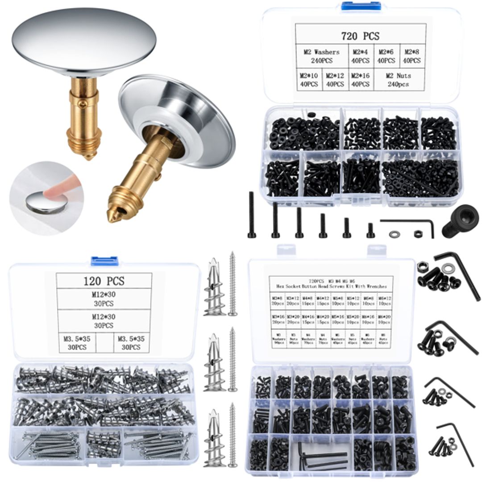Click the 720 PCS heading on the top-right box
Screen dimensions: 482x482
point(360,36)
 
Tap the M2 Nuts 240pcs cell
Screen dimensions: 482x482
point(399,80)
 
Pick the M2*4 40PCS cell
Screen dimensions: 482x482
point(361,56)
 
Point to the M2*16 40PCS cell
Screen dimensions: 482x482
point(361,80)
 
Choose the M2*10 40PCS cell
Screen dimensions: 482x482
point(309,80)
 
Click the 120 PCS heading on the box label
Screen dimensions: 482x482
point(104,281)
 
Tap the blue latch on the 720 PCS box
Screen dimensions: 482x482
point(361,6)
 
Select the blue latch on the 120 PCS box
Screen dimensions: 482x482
point(104,261)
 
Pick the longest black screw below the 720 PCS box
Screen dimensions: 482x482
point(252,214)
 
